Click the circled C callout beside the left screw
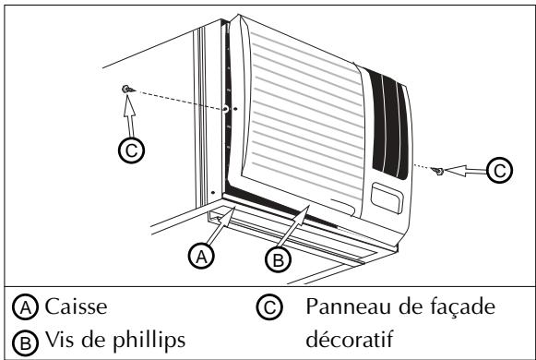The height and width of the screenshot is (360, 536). (134, 150)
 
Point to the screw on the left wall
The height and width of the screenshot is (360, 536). (125, 89)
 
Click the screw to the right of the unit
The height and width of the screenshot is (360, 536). (440, 171)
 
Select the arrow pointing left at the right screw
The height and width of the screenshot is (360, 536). (468, 171)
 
